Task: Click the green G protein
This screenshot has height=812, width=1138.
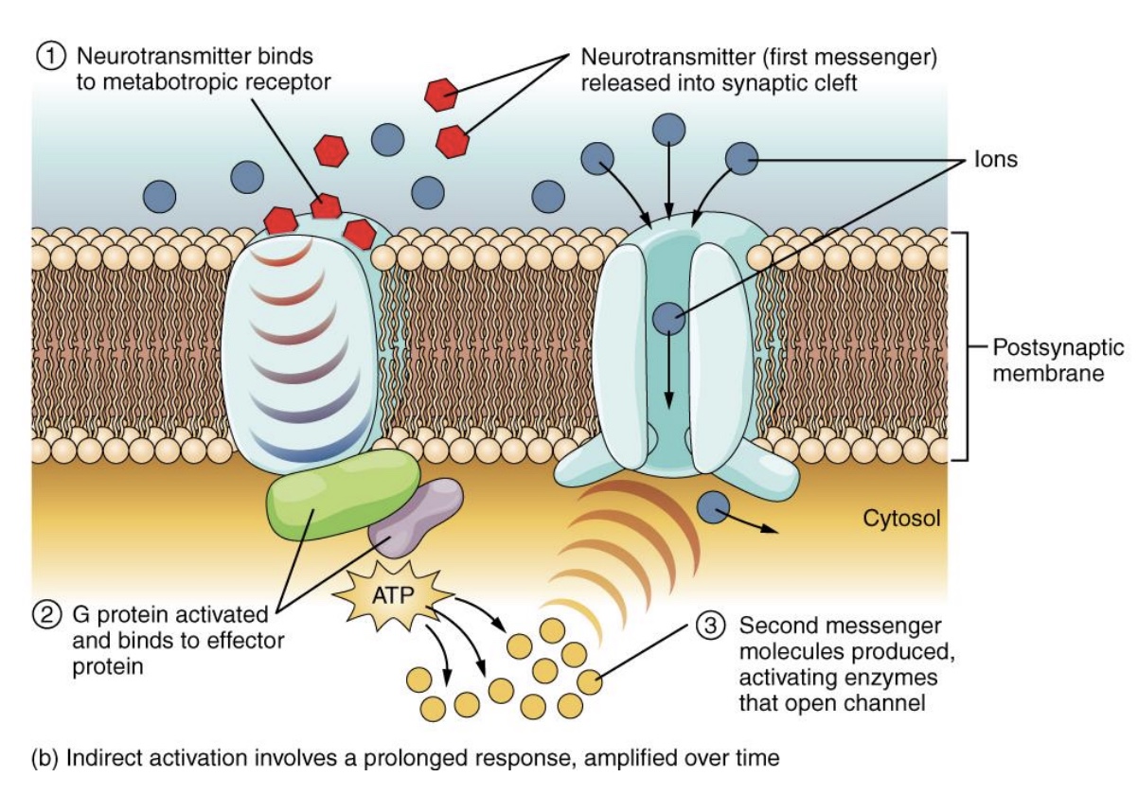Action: (x=343, y=493)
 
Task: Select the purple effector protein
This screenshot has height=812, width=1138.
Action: (x=416, y=517)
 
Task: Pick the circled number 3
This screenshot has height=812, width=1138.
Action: (x=711, y=626)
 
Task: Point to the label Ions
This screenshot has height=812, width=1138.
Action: (x=995, y=159)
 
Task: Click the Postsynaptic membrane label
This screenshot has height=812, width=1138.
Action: (x=1048, y=360)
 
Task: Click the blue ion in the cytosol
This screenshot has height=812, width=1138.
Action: (x=712, y=506)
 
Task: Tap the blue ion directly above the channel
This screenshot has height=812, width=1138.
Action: (x=670, y=128)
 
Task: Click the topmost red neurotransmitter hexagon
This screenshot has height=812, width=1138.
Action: (x=441, y=94)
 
